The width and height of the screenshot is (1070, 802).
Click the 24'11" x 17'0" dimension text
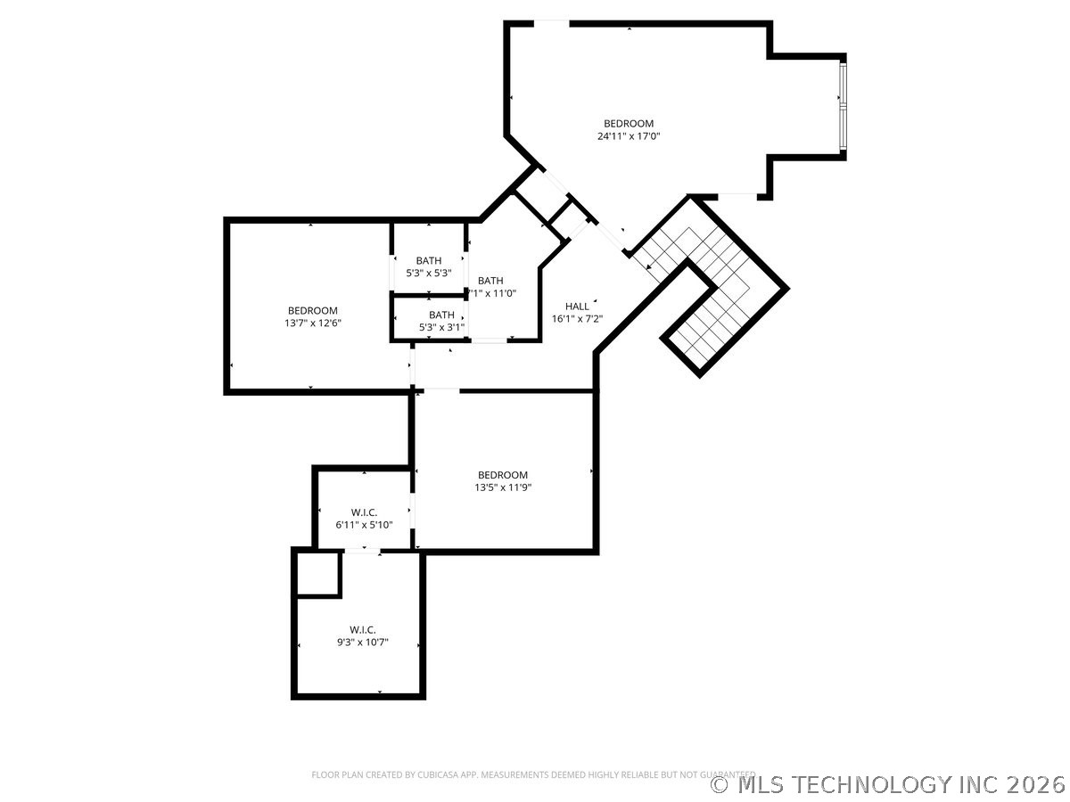[629, 136]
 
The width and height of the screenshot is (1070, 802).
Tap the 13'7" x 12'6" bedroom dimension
[312, 323]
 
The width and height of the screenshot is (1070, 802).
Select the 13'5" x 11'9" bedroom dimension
[503, 487]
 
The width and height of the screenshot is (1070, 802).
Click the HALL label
[577, 306]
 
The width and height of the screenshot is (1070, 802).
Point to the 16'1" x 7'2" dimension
[577, 318]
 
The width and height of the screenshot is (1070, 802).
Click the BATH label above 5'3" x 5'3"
[428, 260]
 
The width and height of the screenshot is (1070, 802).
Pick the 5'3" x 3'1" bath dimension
[441, 327]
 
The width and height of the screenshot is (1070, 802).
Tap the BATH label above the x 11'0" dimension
[490, 281]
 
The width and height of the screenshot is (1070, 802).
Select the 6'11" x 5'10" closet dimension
[364, 525]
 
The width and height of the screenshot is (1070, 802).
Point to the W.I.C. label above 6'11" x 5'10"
[364, 512]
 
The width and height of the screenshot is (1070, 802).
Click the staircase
[713, 294]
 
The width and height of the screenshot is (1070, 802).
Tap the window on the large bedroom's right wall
[843, 104]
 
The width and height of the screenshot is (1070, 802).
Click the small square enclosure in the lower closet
[317, 573]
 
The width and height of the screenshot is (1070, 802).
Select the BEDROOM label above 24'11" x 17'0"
[629, 123]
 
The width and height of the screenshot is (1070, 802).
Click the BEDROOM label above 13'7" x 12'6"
[312, 310]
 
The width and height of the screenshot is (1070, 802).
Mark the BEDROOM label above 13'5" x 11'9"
[503, 475]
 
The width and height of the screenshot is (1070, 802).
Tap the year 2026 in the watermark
[1036, 784]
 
